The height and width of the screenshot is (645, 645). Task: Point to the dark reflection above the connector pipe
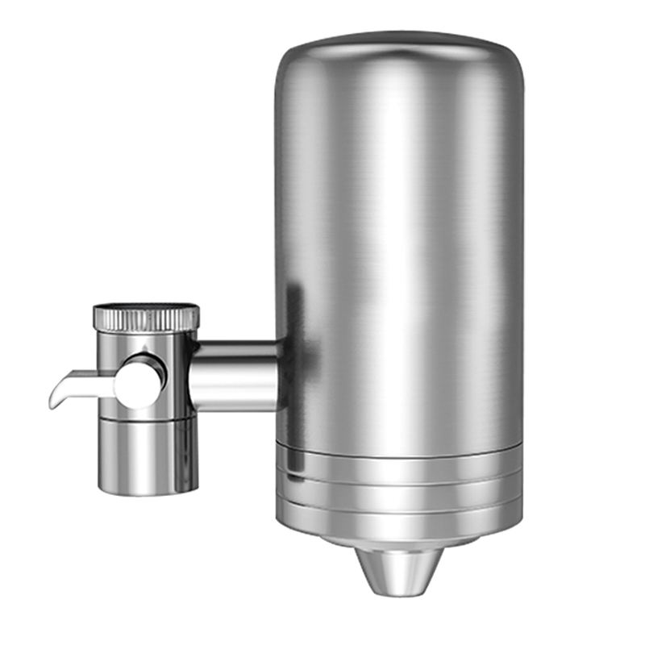tap(295, 314)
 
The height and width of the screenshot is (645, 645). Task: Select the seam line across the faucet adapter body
tap(148, 418)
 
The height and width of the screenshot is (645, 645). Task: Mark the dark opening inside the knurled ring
tap(145, 307)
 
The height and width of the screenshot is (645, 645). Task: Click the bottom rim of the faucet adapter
tap(148, 489)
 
